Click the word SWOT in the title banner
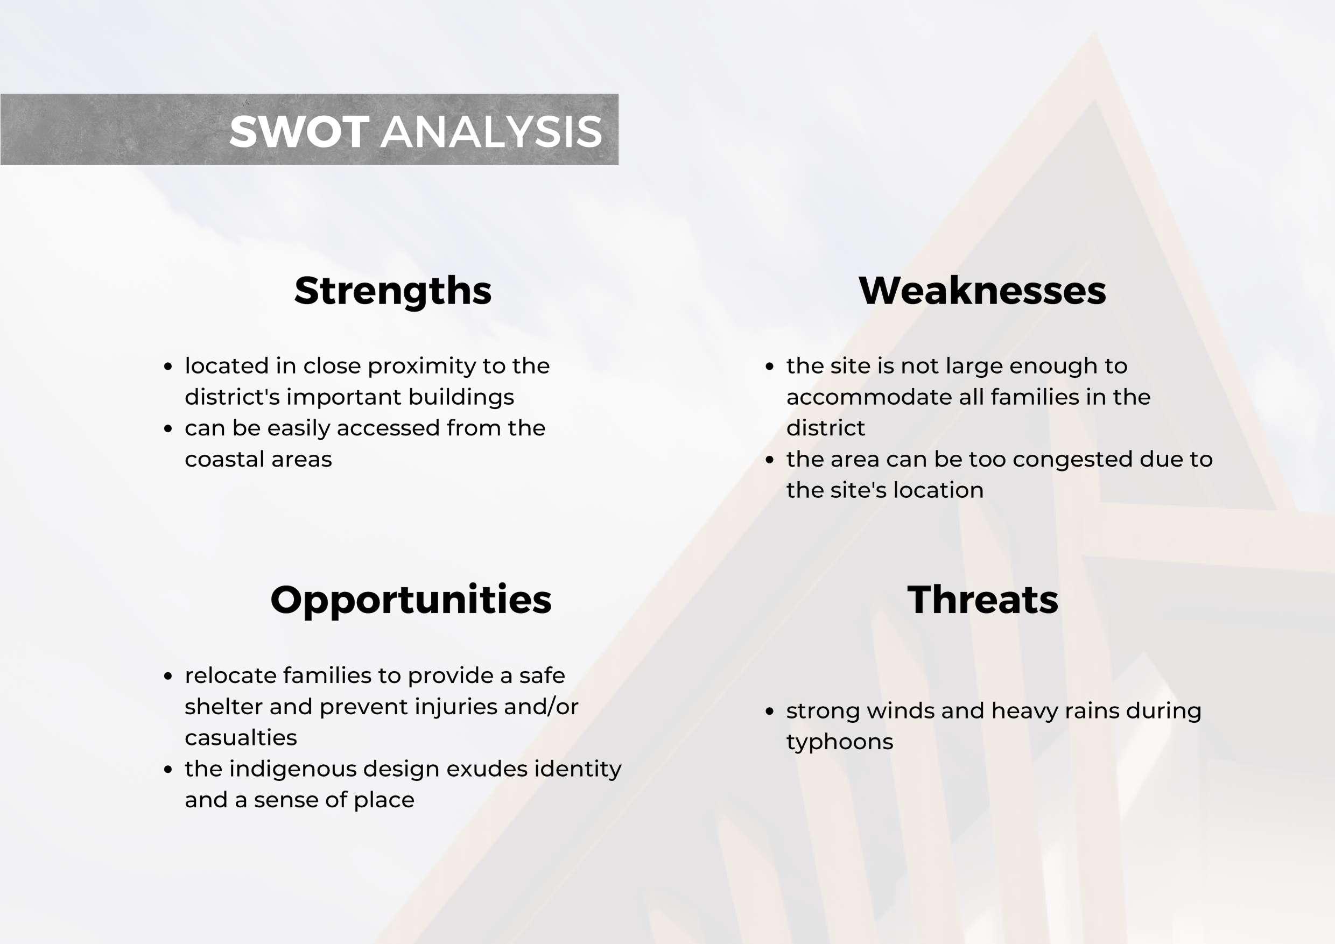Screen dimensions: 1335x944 point(299,131)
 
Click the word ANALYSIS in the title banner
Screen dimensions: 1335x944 point(491,131)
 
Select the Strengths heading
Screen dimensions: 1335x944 point(393,291)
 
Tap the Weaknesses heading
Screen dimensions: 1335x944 point(982,291)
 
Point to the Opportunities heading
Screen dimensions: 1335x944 point(411,601)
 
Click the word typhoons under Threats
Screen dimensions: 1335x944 point(840,743)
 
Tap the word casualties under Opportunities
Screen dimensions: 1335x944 point(241,738)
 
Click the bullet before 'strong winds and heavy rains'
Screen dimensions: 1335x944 point(770,711)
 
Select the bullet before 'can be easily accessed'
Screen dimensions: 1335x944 point(168,429)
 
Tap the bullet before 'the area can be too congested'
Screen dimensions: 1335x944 point(770,460)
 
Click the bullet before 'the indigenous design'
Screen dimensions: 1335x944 point(168,770)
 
